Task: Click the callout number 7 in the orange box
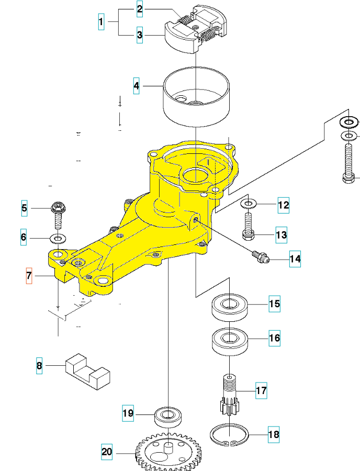click(29, 275)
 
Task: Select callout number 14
click(295, 259)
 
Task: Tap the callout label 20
click(107, 451)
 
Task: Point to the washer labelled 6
click(57, 239)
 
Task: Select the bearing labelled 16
click(229, 340)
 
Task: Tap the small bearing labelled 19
click(168, 417)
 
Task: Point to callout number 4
click(136, 86)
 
